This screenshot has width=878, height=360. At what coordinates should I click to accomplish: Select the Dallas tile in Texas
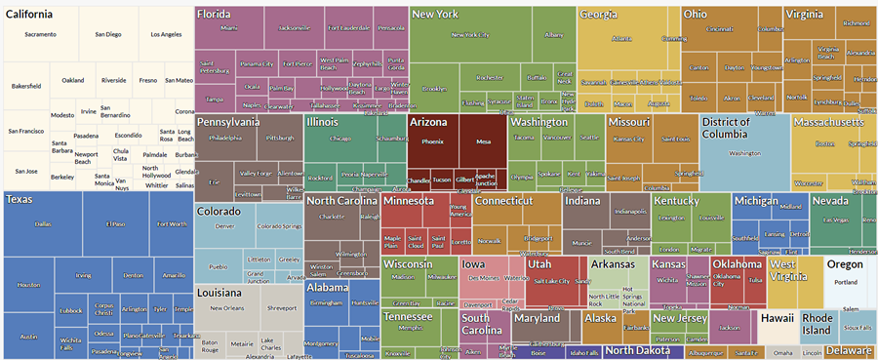point(43,223)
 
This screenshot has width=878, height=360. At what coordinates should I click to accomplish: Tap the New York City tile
point(471,36)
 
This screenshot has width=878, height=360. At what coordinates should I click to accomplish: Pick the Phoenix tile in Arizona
point(432,141)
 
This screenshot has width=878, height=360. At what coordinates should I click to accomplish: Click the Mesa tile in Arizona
point(483,141)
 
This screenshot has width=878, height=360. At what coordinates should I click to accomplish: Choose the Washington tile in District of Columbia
point(744,153)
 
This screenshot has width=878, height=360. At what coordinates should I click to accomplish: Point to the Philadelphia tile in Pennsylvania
point(224,139)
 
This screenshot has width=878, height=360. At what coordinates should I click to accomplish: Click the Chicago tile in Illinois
point(339,139)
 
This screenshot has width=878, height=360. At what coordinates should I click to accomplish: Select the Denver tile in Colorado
point(224,226)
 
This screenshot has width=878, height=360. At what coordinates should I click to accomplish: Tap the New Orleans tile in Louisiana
point(226,308)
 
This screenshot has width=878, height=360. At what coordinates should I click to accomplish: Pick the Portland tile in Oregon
point(845,283)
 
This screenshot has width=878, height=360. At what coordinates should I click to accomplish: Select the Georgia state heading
point(598,15)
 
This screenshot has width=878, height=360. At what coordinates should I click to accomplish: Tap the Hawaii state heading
point(778,318)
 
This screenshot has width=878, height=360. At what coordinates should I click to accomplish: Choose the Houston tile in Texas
point(29,285)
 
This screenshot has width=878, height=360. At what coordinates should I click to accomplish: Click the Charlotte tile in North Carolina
point(332,217)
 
